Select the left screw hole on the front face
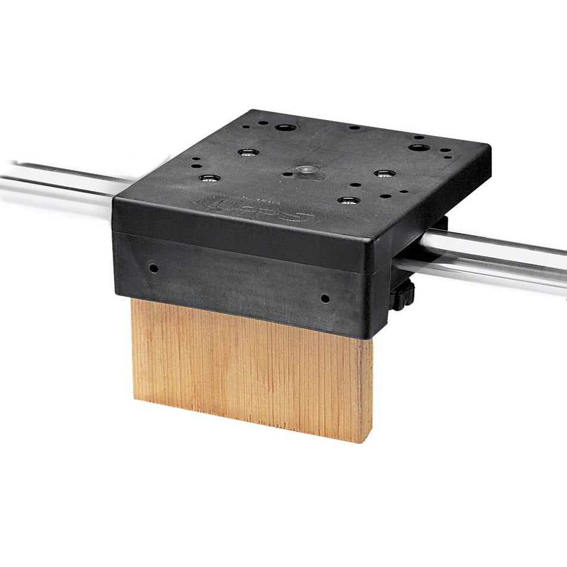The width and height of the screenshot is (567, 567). click(153, 268)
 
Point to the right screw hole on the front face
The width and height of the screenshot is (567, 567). click(325, 298)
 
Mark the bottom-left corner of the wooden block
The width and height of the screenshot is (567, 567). click(135, 399)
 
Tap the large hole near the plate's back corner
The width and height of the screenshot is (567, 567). click(284, 127)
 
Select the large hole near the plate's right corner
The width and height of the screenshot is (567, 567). click(418, 147)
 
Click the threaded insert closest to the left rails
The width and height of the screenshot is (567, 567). click(209, 178)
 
